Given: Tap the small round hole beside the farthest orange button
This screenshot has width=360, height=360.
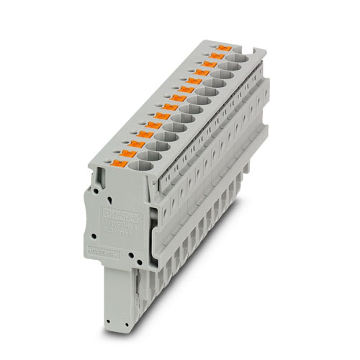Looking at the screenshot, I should [212, 45].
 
